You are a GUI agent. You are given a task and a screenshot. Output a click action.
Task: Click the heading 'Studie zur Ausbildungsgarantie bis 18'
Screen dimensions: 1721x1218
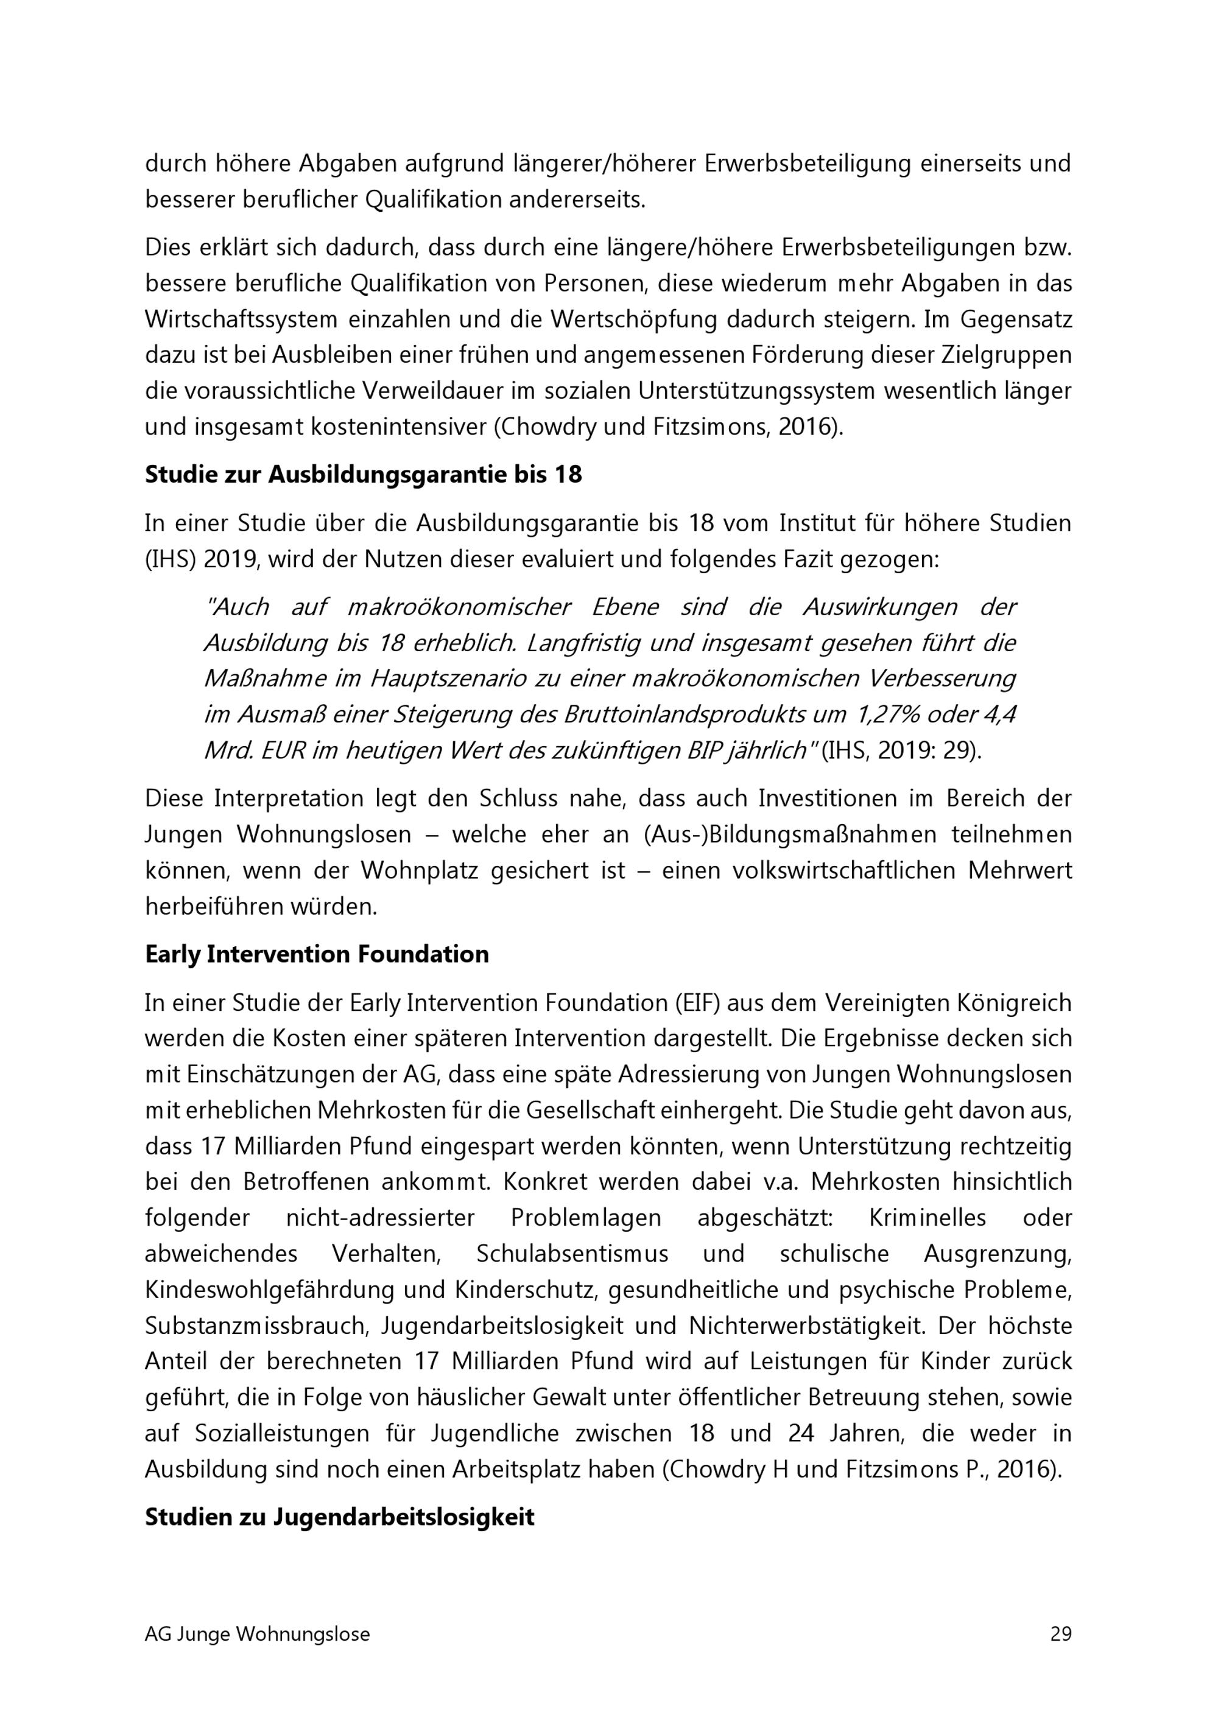click(x=363, y=475)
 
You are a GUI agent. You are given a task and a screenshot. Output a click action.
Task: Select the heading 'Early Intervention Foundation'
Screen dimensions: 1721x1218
click(x=317, y=954)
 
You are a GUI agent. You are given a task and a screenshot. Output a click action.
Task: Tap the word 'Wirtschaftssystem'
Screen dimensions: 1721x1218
click(x=242, y=320)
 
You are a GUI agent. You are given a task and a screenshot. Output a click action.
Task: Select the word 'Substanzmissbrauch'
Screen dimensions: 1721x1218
click(x=257, y=1326)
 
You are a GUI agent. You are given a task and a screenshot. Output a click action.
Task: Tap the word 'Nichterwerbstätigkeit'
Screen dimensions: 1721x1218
click(x=796, y=1326)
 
